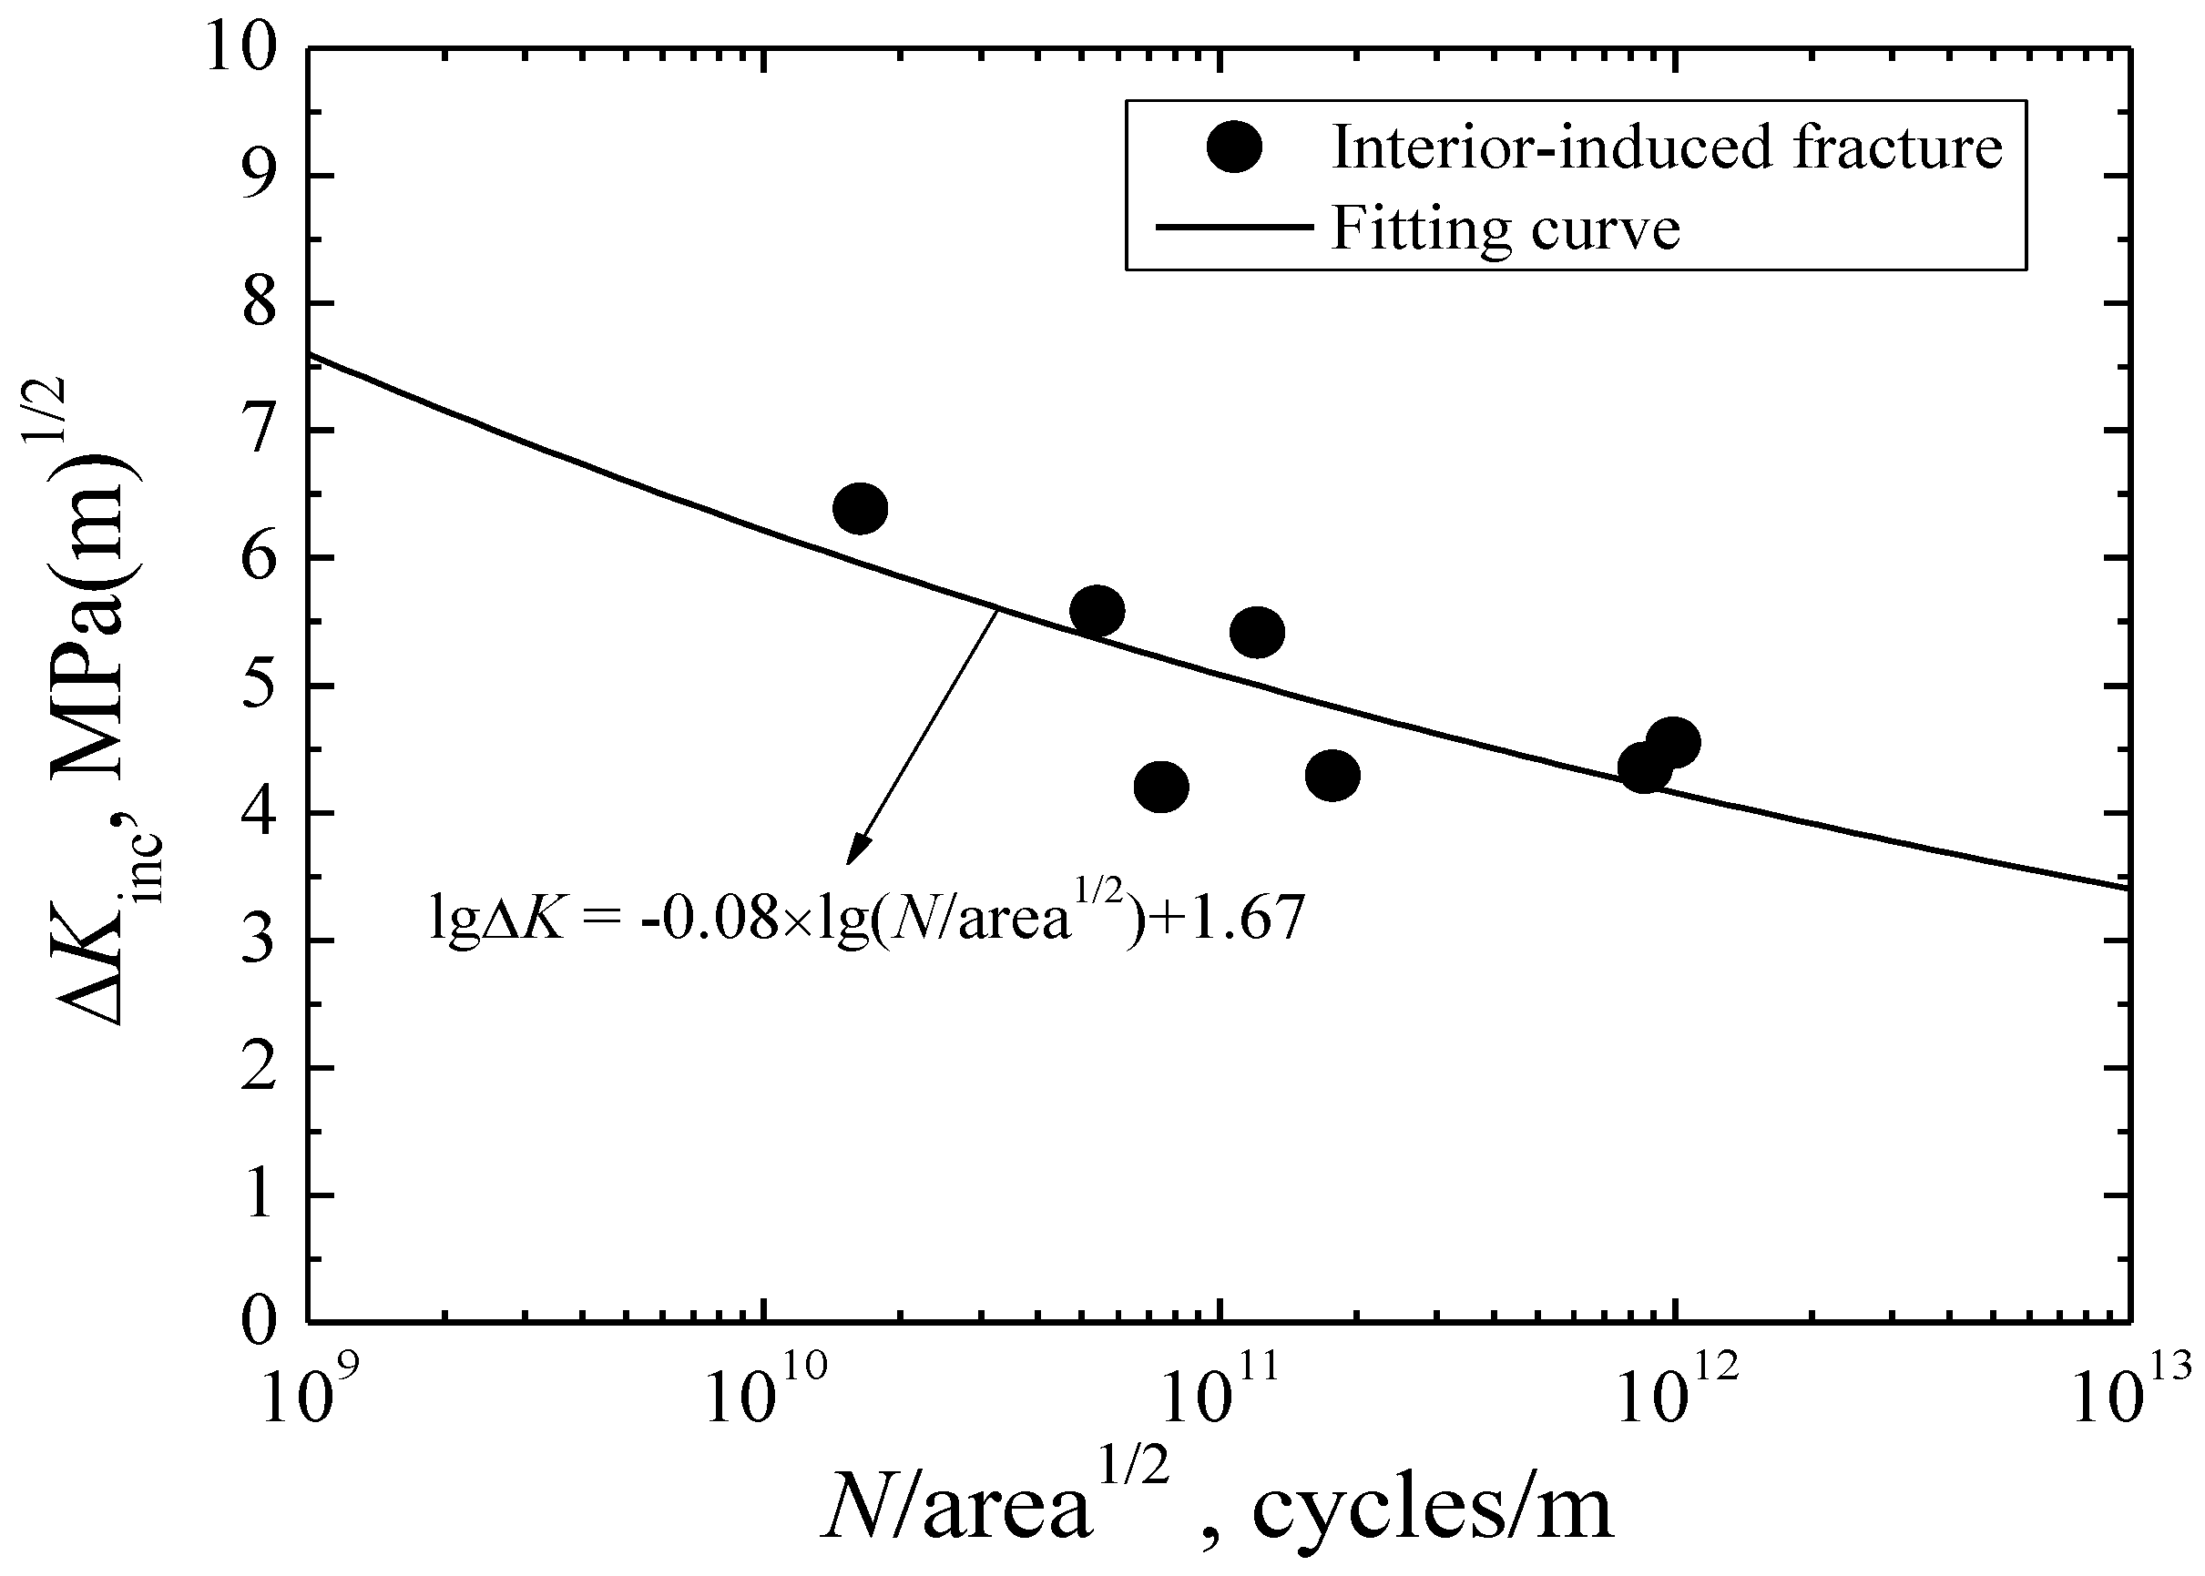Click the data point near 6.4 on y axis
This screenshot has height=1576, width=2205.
coord(860,509)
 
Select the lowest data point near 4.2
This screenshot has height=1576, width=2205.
coord(1160,786)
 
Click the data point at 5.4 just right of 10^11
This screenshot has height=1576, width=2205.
coord(1257,633)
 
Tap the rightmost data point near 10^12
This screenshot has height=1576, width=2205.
coord(1672,743)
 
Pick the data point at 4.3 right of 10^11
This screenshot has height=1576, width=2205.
coord(1332,776)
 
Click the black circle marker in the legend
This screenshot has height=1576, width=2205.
coord(1233,147)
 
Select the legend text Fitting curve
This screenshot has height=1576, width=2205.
coord(1506,229)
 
